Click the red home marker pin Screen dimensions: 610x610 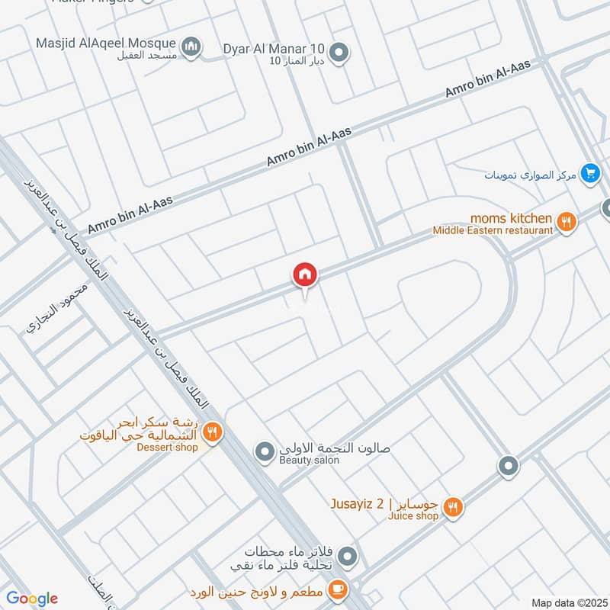click(305, 275)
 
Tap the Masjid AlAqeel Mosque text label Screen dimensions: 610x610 click(105, 43)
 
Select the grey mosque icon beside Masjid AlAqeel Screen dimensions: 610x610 click(193, 47)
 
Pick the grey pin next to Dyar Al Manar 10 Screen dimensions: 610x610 click(341, 52)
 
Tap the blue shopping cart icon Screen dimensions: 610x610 click(589, 174)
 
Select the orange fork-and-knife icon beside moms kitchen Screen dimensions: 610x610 click(566, 223)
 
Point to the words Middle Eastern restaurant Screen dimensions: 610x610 click(493, 230)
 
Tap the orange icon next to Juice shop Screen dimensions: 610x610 click(453, 507)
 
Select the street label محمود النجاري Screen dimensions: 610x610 click(58, 307)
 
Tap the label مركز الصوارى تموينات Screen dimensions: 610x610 click(529, 175)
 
